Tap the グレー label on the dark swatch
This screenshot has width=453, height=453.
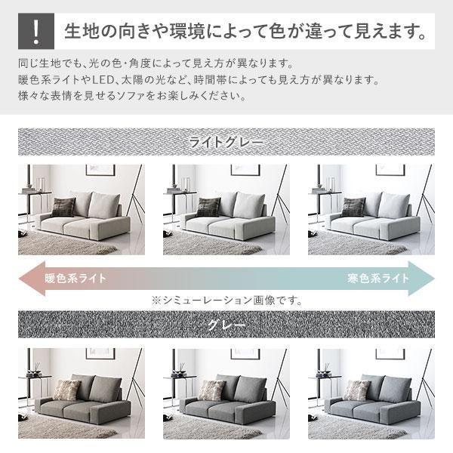pyautogui.click(x=226, y=326)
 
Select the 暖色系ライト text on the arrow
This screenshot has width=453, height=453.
pyautogui.click(x=75, y=278)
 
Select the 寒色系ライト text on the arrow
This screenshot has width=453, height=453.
pyautogui.click(x=378, y=278)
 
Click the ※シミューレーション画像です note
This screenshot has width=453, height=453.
pyautogui.click(x=226, y=300)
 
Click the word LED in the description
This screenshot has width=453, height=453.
pyautogui.click(x=113, y=79)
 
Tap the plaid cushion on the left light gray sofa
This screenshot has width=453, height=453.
pyautogui.click(x=63, y=206)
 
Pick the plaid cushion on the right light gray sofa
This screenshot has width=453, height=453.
pyautogui.click(x=353, y=206)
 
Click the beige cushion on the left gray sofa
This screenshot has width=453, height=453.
pyautogui.click(x=66, y=390)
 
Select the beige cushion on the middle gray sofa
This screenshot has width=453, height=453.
pyautogui.click(x=211, y=390)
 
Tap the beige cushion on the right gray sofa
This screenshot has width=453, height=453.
pyautogui.click(x=356, y=390)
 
